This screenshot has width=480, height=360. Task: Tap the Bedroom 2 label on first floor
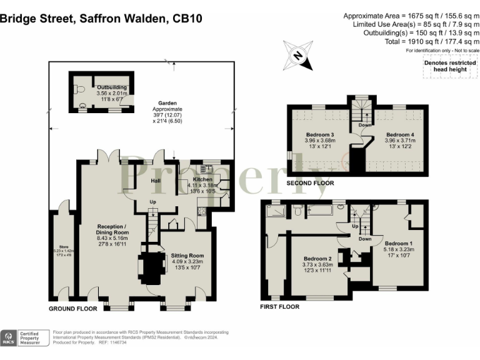(317, 259)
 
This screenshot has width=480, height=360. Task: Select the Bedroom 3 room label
(320, 135)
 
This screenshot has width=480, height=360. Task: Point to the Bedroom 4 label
(399, 135)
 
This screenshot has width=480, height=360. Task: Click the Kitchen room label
(189, 179)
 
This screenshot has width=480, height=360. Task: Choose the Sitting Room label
(187, 256)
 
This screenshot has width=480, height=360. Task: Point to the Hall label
(156, 181)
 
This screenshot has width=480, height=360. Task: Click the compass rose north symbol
(297, 55)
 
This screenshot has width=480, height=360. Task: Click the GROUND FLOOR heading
(74, 309)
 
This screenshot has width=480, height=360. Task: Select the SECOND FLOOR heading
(310, 183)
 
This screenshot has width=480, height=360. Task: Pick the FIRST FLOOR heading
(280, 307)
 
